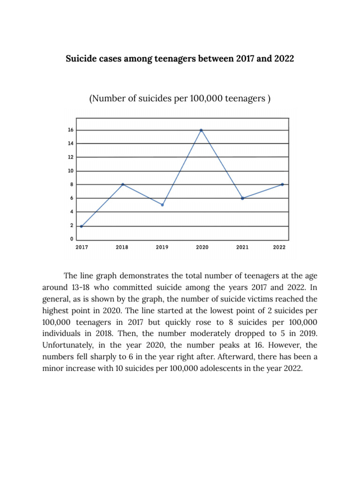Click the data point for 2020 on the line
(x=202, y=130)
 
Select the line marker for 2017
(x=82, y=226)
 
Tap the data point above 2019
(x=162, y=205)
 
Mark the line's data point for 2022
(x=282, y=184)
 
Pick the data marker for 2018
(x=122, y=184)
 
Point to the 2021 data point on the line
(x=242, y=198)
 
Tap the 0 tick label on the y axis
(x=71, y=240)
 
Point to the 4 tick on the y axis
(x=71, y=212)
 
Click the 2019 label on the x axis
(x=162, y=247)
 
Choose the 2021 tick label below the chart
(x=242, y=247)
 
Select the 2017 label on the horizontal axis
(x=82, y=247)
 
